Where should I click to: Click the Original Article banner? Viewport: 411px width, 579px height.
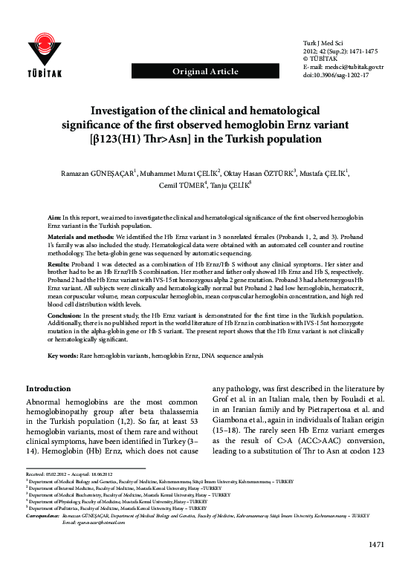(x=205, y=71)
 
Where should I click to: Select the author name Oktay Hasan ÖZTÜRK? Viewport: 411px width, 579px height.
(x=262, y=174)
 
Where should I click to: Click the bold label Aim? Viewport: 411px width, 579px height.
(x=55, y=216)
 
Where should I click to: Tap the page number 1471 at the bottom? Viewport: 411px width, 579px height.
(x=375, y=566)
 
